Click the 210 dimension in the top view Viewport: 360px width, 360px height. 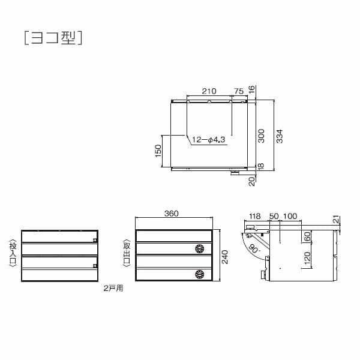point(209,91)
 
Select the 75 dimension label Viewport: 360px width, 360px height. point(238,91)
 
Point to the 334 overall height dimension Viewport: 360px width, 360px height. point(279,136)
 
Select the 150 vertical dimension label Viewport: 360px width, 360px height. point(158,150)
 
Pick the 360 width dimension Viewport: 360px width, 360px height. point(172,214)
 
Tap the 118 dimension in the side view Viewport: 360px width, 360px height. point(254,215)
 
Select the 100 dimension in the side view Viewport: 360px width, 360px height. point(290,215)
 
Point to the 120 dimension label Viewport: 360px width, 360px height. point(307,259)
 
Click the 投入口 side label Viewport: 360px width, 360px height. point(12,256)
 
